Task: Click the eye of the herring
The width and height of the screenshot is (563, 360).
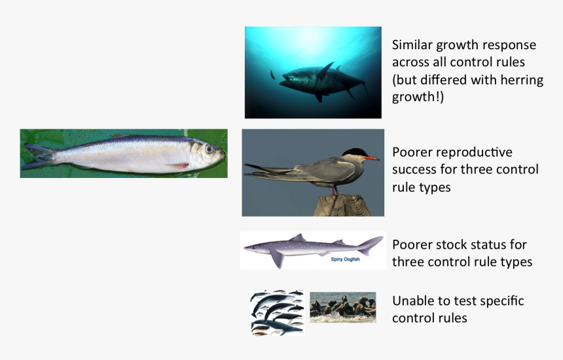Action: coord(209,149)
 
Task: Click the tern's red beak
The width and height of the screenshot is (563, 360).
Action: coord(371,158)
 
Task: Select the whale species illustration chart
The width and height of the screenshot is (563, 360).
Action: coord(277,312)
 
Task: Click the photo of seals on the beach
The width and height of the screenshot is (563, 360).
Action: coord(342,307)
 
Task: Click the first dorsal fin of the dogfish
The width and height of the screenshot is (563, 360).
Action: coord(298,238)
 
